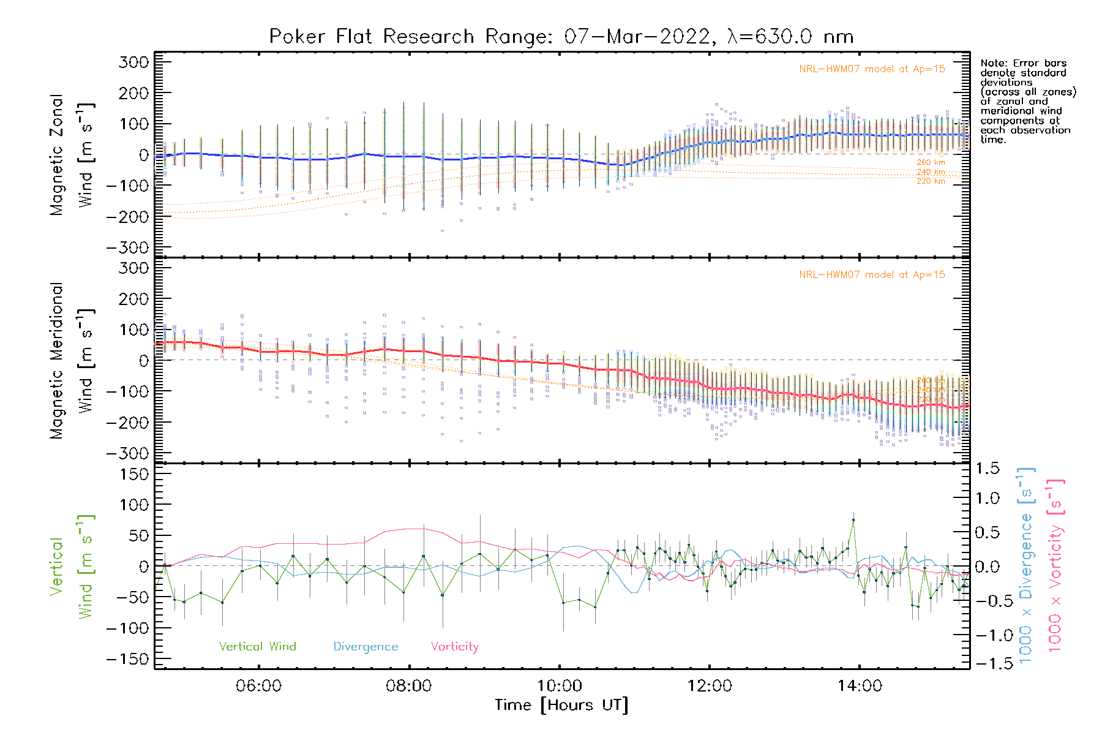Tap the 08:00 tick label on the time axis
coord(408,686)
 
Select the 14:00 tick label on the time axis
coord(860,686)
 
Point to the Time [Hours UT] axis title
coord(561,706)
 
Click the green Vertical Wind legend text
coord(257,647)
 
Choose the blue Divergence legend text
coord(365,647)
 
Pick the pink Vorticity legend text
coord(454,647)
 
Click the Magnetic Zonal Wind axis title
coord(57,154)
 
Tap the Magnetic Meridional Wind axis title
coord(57,360)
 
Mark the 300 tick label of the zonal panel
coord(133,62)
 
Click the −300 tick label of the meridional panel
coord(127,454)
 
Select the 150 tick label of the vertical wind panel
coord(133,474)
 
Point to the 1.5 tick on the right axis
coord(988,469)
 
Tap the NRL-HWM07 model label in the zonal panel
coord(872,69)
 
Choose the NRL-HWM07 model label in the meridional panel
coord(872,275)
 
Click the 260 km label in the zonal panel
coord(931,162)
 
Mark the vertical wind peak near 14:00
coord(853,520)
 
